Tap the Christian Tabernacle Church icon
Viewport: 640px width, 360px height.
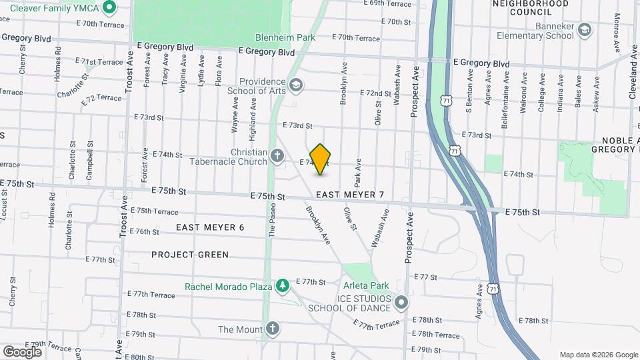point(278,157)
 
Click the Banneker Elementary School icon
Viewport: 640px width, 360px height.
point(585,31)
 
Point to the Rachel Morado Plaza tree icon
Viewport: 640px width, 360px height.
point(283,286)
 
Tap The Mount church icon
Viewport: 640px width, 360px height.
point(272,328)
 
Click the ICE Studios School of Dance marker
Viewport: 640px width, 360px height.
point(401,303)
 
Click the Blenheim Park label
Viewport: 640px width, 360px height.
point(285,38)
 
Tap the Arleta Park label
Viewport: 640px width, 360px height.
point(365,286)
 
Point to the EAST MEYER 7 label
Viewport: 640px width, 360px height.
point(350,195)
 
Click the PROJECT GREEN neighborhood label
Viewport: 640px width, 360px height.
point(190,255)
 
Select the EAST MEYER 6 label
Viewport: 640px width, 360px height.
point(210,227)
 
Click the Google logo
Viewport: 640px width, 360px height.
point(21,351)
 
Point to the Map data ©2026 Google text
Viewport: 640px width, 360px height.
point(598,355)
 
